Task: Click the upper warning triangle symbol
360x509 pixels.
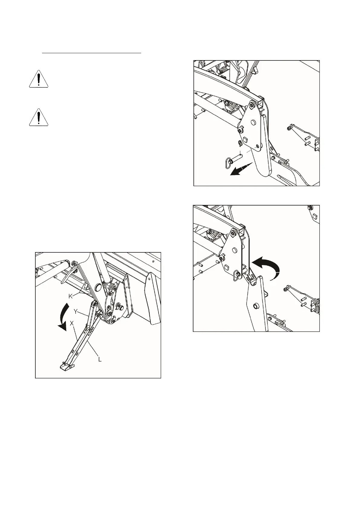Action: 38,79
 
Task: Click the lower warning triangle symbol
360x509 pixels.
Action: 38,117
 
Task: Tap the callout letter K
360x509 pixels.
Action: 70,297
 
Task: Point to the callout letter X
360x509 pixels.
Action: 72,323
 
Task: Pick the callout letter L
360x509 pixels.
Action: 100,359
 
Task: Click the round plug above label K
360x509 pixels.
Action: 98,287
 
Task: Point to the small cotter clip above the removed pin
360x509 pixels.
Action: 239,142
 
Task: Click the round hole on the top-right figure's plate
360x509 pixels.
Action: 253,123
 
